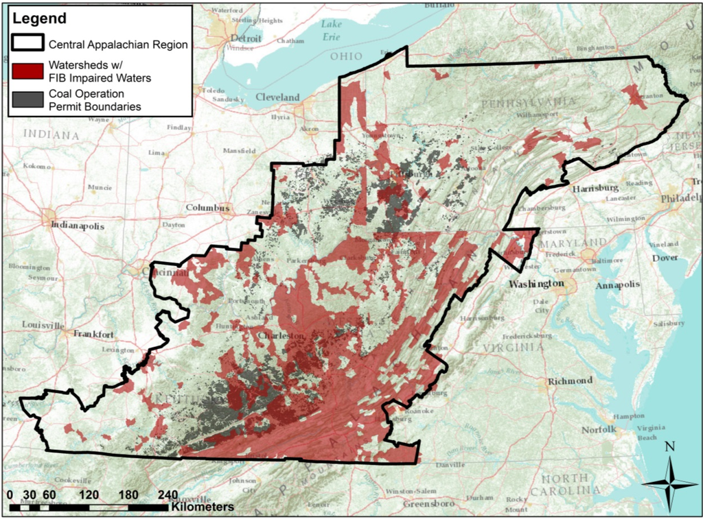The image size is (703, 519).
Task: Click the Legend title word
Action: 40,19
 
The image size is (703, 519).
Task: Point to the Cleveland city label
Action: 277,97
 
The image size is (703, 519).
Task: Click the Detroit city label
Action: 246,38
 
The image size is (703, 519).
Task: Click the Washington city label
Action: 536,283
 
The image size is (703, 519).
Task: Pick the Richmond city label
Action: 570,381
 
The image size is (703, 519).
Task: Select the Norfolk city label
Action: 598,430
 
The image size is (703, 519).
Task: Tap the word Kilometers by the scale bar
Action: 203,507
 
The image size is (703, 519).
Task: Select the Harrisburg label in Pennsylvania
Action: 596,188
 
